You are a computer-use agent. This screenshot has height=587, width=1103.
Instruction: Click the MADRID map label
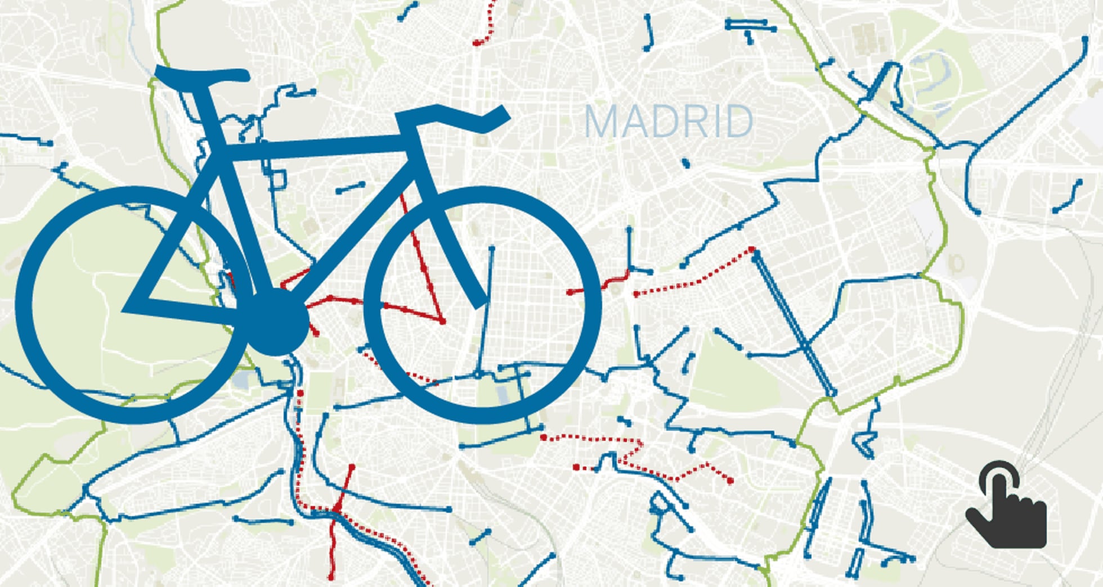[669, 121]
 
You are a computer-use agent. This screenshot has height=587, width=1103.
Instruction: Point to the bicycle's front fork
[450, 225]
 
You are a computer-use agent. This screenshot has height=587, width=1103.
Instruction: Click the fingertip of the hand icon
[999, 475]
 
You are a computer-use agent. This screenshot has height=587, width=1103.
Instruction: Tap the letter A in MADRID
[634, 121]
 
